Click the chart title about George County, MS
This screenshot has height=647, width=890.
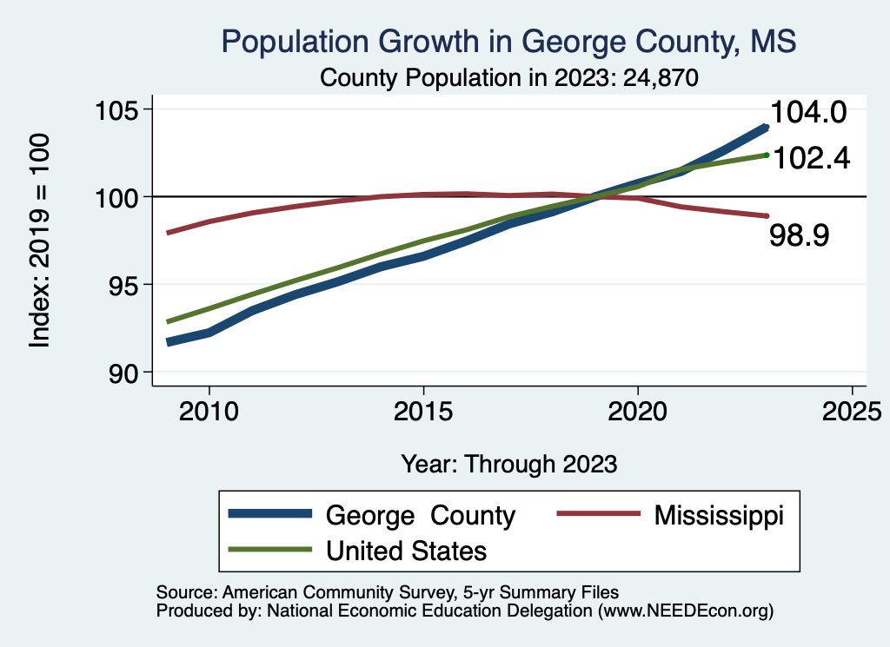[509, 41]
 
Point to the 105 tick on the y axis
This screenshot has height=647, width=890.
[118, 110]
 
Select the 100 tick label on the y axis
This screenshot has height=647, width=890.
[118, 197]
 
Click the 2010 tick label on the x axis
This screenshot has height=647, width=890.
[209, 411]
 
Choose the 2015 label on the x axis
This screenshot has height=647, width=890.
[423, 411]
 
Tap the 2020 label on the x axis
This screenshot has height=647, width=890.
[638, 411]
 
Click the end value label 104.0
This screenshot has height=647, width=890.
[808, 113]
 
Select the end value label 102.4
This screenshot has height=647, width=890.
[810, 157]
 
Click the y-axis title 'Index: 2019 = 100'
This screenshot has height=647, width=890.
[40, 241]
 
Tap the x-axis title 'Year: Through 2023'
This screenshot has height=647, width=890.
[509, 464]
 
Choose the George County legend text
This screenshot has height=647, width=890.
[421, 515]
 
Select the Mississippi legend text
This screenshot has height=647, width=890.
[719, 515]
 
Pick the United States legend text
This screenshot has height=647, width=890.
[406, 551]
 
